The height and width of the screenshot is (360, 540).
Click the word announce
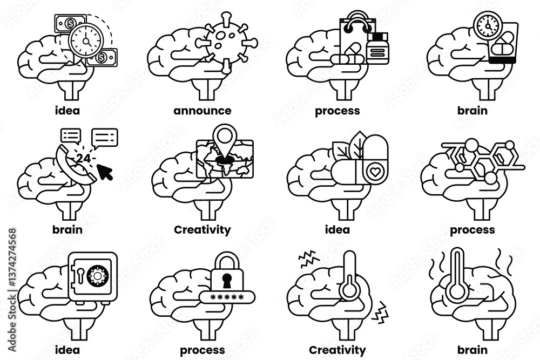pyautogui.click(x=202, y=111)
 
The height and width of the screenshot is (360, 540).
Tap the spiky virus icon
pyautogui.click(x=226, y=43)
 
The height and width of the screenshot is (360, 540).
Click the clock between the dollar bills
pyautogui.click(x=86, y=40)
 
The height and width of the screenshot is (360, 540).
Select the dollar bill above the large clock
pyautogui.click(x=70, y=24)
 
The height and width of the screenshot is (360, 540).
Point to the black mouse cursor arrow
pyautogui.click(x=105, y=172)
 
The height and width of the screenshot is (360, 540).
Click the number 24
pyautogui.click(x=83, y=158)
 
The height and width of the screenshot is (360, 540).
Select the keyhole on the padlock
pyautogui.click(x=227, y=281)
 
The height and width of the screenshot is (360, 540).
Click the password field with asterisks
pyautogui.click(x=227, y=297)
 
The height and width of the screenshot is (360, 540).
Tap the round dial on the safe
pyautogui.click(x=98, y=275)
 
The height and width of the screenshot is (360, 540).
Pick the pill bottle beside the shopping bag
pyautogui.click(x=377, y=48)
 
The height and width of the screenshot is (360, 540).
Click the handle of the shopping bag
pyautogui.click(x=357, y=21)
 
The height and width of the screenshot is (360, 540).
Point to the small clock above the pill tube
pyautogui.click(x=487, y=24)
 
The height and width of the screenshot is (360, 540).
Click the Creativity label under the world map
pyautogui.click(x=202, y=230)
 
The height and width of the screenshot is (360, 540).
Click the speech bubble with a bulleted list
pyautogui.click(x=71, y=136)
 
